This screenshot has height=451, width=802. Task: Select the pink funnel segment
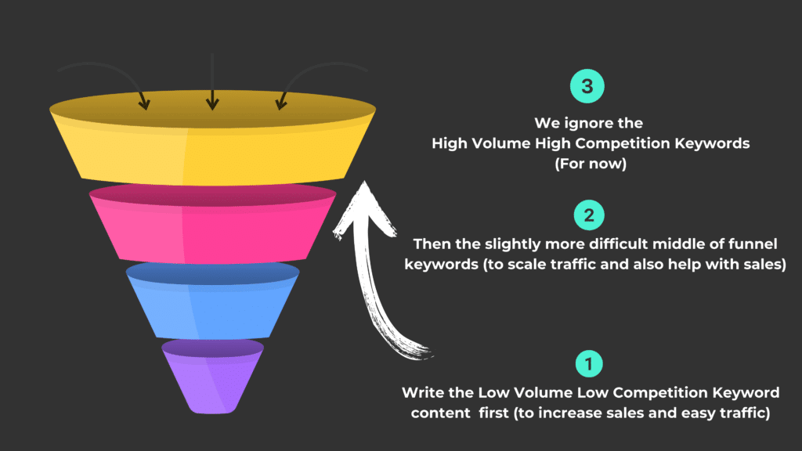(212, 225)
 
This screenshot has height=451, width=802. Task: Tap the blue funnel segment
(212, 301)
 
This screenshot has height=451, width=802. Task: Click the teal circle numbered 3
(587, 86)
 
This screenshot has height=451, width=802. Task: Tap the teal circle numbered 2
(589, 215)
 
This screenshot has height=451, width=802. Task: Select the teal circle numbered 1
(589, 363)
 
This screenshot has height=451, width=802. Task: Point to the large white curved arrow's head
(364, 210)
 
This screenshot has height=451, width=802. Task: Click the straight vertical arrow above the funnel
(212, 81)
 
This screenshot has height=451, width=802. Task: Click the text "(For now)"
(591, 164)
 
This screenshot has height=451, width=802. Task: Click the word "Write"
(423, 393)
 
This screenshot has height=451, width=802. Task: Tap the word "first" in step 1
(493, 413)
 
